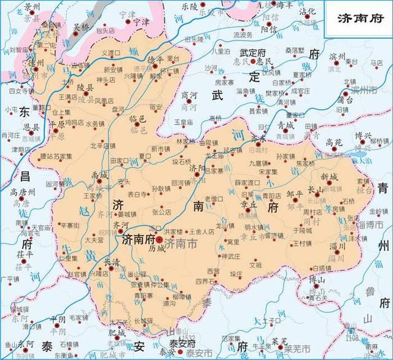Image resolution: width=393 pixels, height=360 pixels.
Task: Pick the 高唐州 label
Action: click(23, 192)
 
